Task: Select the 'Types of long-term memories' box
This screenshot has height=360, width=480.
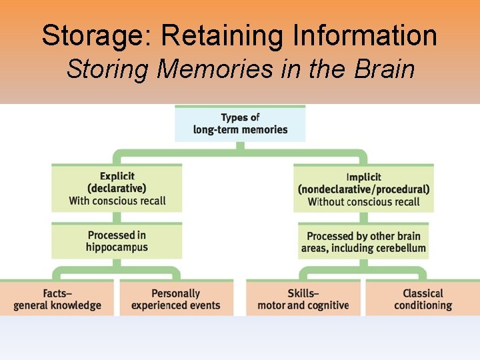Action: click(240, 123)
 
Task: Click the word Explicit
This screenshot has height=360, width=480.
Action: click(117, 176)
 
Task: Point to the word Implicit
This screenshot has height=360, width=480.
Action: click(364, 177)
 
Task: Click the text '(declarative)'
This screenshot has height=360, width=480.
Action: click(117, 188)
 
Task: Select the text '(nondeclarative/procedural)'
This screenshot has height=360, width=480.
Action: click(364, 189)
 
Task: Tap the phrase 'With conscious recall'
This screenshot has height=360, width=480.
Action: click(117, 201)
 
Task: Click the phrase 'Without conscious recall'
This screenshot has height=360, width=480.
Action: click(364, 201)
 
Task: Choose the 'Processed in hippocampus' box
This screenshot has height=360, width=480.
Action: click(117, 241)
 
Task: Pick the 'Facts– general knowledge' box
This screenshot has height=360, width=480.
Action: click(57, 299)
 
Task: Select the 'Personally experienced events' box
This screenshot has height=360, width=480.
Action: click(175, 299)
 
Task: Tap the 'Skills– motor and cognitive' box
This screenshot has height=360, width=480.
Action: click(303, 299)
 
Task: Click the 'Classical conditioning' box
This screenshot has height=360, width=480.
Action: click(423, 299)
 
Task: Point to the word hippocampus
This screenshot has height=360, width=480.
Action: click(117, 247)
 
